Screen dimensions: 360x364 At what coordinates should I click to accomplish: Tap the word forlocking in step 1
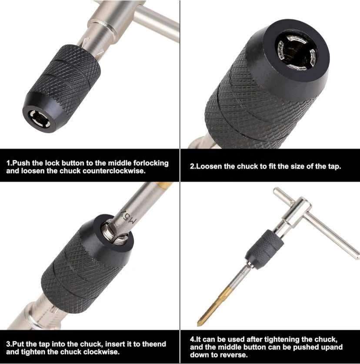tap(150, 163)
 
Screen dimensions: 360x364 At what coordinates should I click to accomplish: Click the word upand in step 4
tap(332, 347)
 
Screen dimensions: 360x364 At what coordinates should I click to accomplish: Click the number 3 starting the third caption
tap(8, 344)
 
